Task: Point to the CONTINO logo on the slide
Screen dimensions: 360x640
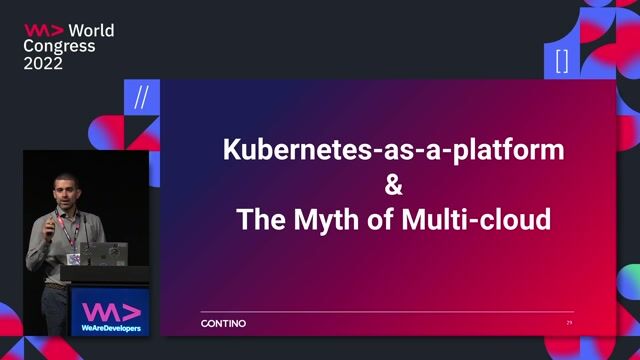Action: [223, 323]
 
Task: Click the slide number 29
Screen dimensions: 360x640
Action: [569, 323]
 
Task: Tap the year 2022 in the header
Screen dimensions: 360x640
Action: [43, 63]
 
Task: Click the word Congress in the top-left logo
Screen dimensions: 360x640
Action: [59, 46]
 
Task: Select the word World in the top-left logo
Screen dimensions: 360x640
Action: [91, 30]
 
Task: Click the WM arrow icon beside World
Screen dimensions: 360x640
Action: [43, 30]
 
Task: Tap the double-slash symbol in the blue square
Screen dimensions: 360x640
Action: [141, 98]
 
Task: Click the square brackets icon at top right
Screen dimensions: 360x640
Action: [562, 62]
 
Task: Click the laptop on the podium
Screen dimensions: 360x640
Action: [104, 253]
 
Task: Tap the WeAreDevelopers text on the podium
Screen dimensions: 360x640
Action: [111, 327]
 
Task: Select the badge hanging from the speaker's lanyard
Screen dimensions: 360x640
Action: [74, 258]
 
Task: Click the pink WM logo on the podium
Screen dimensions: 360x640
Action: [111, 309]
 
